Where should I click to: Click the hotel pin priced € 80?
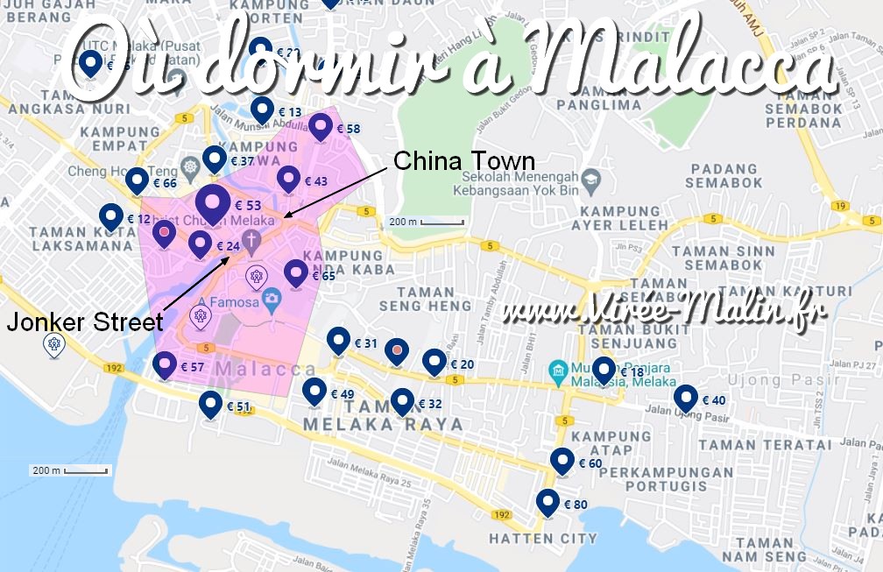(x=548, y=503)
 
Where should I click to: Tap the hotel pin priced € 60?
(x=562, y=461)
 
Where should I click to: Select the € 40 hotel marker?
(x=686, y=399)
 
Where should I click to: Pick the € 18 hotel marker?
(x=604, y=371)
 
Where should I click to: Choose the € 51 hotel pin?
(x=210, y=405)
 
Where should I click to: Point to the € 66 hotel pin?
(x=137, y=181)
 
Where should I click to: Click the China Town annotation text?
(x=463, y=161)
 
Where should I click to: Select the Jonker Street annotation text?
(x=84, y=322)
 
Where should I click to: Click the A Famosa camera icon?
(x=272, y=299)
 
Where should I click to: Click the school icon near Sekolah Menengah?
(x=590, y=179)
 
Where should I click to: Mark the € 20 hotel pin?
(x=434, y=362)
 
